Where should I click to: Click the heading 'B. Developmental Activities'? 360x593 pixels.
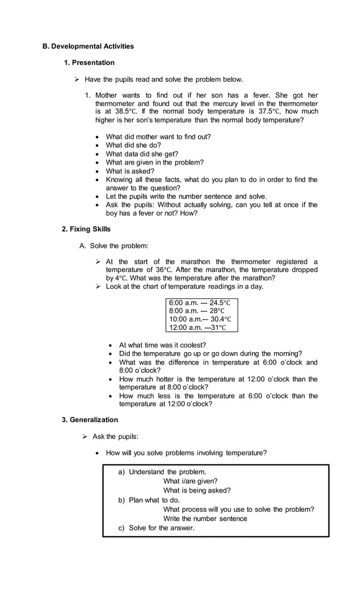coord(89,46)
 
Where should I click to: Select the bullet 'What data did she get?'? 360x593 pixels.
coord(142,154)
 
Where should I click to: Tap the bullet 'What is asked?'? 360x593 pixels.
coord(130,171)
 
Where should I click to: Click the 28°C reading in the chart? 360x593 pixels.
coord(217,311)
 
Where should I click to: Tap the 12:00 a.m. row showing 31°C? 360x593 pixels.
coord(197,328)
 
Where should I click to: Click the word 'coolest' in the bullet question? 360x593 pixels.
coord(192,345)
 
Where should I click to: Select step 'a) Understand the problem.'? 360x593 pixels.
coord(162,472)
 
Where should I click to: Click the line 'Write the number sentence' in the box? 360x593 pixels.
coord(205,519)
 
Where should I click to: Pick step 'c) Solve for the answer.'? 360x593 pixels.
coord(156,528)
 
